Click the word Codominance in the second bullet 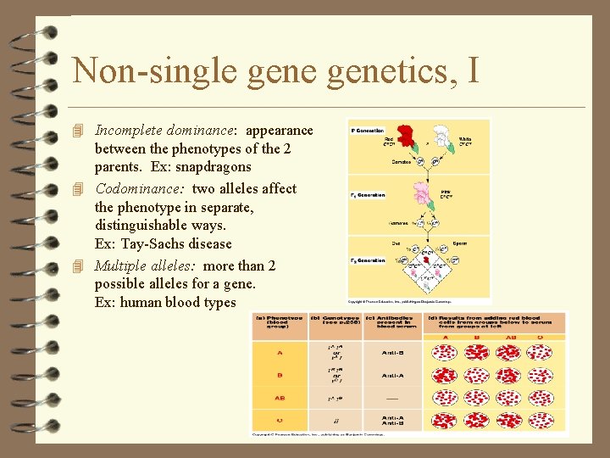[140, 188]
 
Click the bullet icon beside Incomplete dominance [80, 131]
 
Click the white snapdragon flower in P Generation [441, 137]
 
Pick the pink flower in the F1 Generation [422, 194]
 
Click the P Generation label [369, 131]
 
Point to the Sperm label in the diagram [460, 243]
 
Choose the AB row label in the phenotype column [279, 398]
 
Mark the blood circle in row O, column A [446, 421]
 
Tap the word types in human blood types [219, 302]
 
